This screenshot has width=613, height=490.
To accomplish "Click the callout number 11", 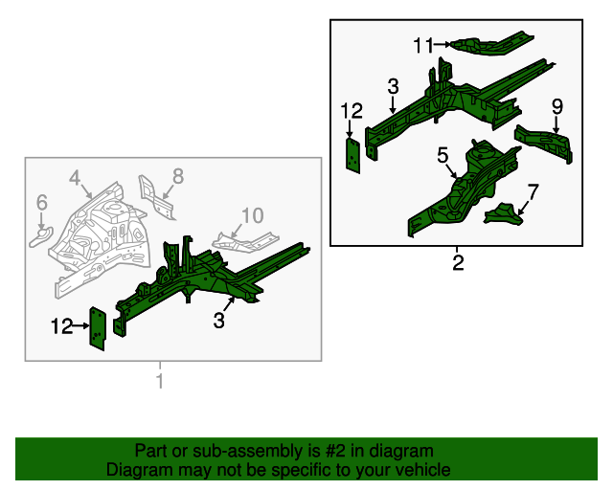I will click(x=424, y=44).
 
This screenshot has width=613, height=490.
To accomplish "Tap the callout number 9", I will click(x=556, y=105).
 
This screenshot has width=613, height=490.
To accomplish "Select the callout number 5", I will click(x=443, y=154).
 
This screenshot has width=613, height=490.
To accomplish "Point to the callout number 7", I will click(x=534, y=190).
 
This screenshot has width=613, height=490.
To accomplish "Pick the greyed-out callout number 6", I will click(x=41, y=202).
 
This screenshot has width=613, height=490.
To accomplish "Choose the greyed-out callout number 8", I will click(x=177, y=175).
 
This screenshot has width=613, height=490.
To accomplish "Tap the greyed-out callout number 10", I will click(x=251, y=214).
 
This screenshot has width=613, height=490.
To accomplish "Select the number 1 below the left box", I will click(x=160, y=382).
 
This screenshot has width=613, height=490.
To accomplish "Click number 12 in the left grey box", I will click(x=61, y=327).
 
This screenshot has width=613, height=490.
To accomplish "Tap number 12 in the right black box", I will click(x=352, y=112).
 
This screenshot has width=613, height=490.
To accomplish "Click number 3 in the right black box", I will click(x=393, y=87).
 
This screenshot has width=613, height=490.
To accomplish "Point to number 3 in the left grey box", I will click(x=219, y=322).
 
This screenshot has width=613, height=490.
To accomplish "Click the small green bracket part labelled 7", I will click(x=505, y=214).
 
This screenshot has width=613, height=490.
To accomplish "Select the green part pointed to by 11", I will click(x=488, y=43).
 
